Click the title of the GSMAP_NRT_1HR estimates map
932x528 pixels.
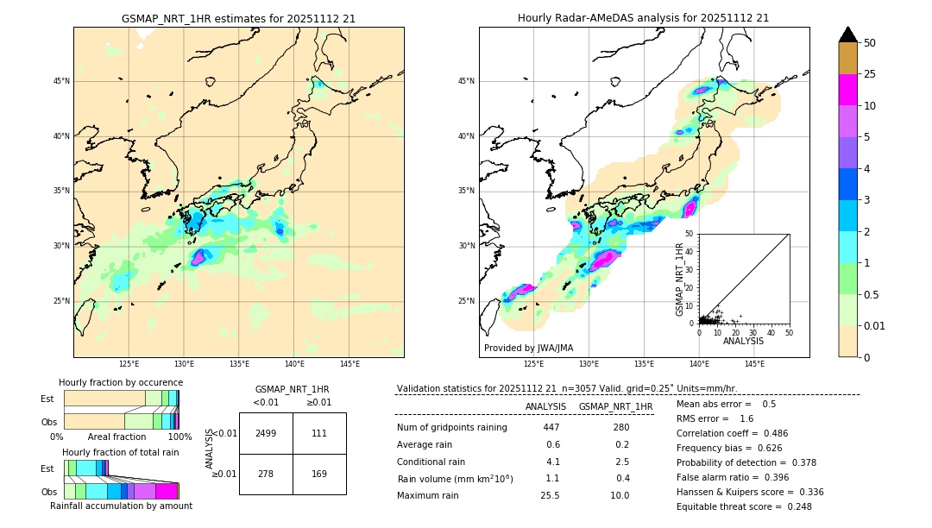[238, 18]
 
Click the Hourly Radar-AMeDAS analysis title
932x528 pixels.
[643, 18]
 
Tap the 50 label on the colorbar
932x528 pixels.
[870, 43]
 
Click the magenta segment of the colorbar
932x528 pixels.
[847, 90]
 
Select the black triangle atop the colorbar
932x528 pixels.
[847, 35]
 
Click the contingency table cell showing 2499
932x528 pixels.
[266, 433]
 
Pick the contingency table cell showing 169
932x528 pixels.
[319, 474]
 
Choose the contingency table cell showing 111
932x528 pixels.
[319, 433]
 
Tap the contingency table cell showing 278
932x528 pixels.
[266, 474]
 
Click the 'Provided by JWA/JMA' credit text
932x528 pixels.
[528, 348]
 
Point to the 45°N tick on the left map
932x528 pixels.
[61, 81]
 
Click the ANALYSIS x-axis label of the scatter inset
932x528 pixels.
[743, 341]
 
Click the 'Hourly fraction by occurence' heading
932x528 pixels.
[121, 382]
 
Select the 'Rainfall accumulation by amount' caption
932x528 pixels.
[121, 506]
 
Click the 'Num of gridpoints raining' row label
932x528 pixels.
[451, 428]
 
